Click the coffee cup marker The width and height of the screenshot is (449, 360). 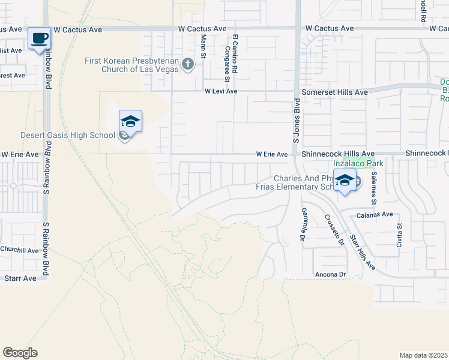click(39, 39)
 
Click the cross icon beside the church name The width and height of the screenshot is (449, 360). click(188, 64)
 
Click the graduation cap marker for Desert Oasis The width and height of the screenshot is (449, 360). click(130, 122)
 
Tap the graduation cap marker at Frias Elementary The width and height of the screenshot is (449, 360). click(345, 181)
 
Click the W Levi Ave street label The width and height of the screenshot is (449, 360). click(221, 92)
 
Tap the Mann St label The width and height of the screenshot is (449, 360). click(203, 46)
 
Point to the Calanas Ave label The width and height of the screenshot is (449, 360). click(376, 214)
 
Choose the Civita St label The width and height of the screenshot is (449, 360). click(399, 229)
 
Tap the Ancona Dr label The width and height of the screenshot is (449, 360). click(330, 274)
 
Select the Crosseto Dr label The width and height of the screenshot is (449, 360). click(334, 230)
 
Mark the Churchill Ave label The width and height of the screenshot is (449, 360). click(19, 250)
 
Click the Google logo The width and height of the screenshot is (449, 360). click(20, 353)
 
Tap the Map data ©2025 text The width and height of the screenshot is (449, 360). click(423, 355)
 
